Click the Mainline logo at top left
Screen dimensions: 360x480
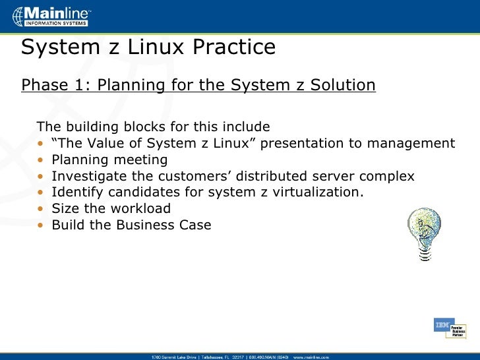click(50, 16)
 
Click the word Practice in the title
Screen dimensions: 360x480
click(231, 47)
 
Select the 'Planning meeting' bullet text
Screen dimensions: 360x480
click(109, 160)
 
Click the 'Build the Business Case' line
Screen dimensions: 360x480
click(131, 225)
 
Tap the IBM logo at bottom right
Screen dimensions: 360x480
click(441, 325)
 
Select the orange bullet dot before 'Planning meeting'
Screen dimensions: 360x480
click(41, 160)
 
